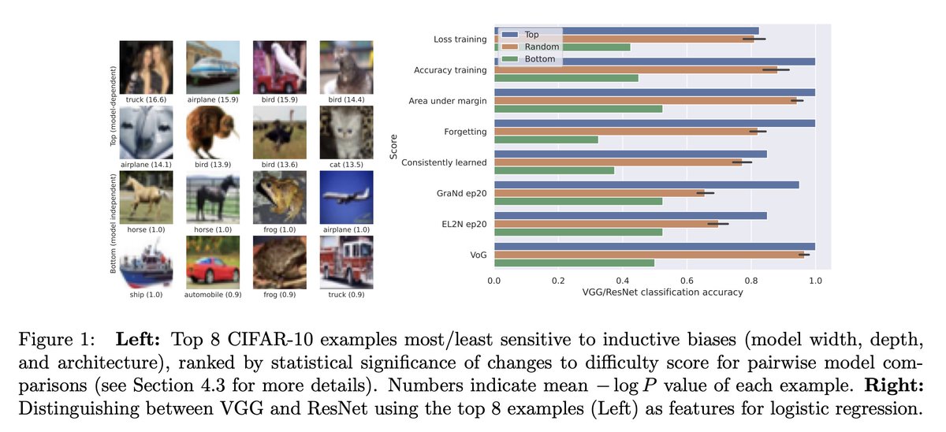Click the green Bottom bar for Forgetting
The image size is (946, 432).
tap(546, 140)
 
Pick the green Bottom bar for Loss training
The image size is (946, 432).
tap(562, 47)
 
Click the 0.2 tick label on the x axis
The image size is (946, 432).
tap(558, 279)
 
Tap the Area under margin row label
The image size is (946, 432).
tap(448, 101)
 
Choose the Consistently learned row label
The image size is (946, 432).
tap(444, 162)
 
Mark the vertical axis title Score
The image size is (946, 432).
tap(393, 147)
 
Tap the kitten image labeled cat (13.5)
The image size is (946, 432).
tap(341, 132)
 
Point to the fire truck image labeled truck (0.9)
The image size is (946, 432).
tap(341, 263)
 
